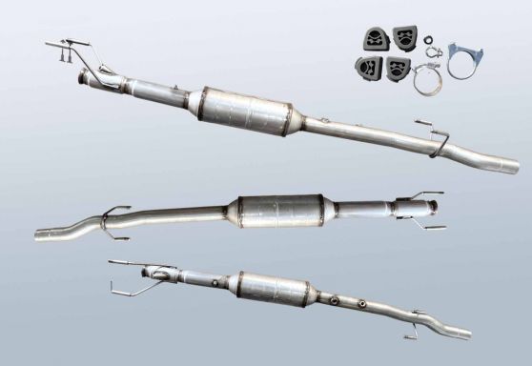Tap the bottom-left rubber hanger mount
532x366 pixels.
click(x=366, y=67)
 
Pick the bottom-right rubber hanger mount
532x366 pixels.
click(x=397, y=68)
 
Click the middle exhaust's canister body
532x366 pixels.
click(x=280, y=211)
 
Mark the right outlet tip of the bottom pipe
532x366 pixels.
click(x=465, y=335)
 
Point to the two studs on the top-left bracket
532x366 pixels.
click(x=64, y=59)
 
